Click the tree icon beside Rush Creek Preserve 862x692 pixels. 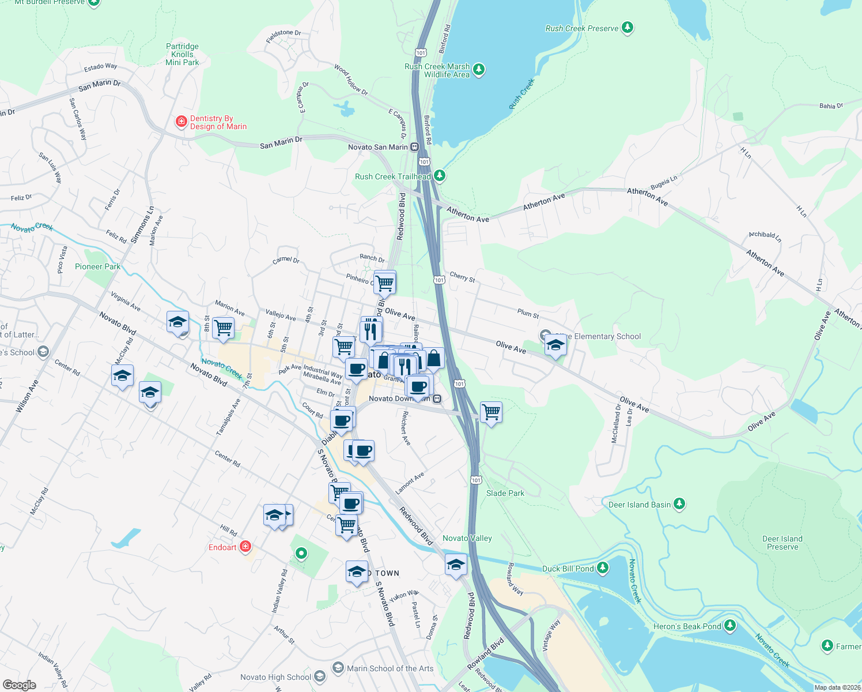[x=627, y=28]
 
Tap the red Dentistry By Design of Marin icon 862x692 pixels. [x=181, y=122]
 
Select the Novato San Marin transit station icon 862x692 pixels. [x=414, y=147]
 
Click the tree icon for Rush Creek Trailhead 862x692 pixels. [x=440, y=175]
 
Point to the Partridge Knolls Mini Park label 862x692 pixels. [x=182, y=54]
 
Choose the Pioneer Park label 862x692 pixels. [x=98, y=266]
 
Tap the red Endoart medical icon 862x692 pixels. [x=245, y=547]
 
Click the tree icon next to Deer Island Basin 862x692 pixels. [x=679, y=505]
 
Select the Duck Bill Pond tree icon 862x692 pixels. [x=603, y=569]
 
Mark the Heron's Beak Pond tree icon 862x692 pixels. [x=730, y=626]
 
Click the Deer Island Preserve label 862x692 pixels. [x=782, y=543]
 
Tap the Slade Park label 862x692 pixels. [x=505, y=493]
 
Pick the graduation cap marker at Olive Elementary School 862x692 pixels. [x=555, y=345]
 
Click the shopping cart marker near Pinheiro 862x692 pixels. [x=384, y=283]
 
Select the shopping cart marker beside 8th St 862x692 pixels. [x=223, y=328]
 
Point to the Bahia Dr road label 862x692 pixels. [x=831, y=106]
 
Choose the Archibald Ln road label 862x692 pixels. [x=765, y=236]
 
